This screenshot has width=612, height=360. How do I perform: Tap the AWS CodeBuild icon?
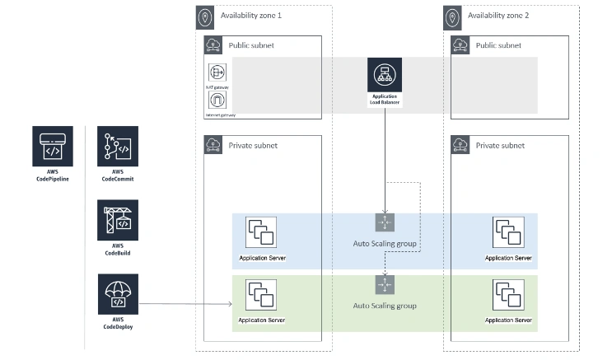tap(118, 220)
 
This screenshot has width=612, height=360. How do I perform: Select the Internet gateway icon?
tap(217, 101)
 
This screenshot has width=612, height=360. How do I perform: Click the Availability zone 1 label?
tap(251, 16)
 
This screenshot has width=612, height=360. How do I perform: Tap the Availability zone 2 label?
tap(498, 16)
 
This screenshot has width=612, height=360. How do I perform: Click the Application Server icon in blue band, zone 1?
tap(261, 233)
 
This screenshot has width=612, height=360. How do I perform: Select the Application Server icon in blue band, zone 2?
tap(508, 233)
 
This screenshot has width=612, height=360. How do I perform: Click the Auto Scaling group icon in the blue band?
tap(385, 222)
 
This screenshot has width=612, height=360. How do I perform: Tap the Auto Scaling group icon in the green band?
tap(385, 284)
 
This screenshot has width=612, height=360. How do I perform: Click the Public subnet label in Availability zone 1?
tap(251, 45)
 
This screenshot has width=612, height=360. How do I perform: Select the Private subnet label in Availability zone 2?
tap(500, 146)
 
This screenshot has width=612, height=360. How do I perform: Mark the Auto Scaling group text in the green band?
tap(385, 306)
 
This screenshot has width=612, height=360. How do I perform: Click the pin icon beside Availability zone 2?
tap(452, 16)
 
